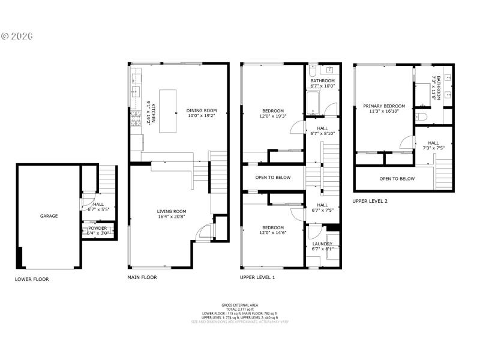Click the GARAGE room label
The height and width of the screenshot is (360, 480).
[49, 216]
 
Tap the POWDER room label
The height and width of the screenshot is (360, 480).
[98, 228]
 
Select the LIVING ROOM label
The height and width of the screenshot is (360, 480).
[172, 211]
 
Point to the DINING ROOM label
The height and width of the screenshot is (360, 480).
[201, 110]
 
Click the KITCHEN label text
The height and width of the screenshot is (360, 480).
[154, 113]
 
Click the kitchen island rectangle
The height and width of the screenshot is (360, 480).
[169, 103]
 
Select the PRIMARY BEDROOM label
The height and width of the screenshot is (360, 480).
[384, 106]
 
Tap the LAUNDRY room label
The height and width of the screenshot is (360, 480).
[322, 244]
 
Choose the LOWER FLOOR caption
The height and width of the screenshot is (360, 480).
[32, 279]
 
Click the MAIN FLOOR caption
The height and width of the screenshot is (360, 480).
[142, 278]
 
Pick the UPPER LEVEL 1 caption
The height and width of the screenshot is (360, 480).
[257, 278]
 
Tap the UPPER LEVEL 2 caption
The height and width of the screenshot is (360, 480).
[370, 202]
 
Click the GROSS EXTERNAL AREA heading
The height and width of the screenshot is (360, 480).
[239, 305]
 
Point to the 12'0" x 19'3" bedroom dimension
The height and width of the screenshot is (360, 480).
[273, 116]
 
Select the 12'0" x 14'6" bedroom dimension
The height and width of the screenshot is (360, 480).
[273, 233]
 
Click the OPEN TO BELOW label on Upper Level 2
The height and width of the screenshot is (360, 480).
[397, 179]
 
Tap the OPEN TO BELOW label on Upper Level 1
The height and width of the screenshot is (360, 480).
[273, 178]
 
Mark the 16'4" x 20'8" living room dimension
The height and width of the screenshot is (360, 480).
[172, 217]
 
